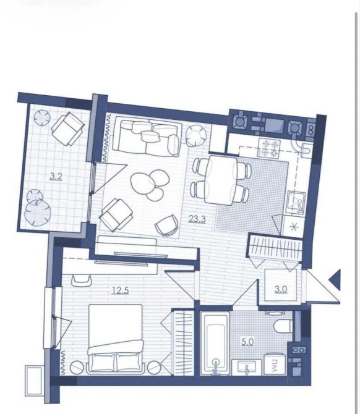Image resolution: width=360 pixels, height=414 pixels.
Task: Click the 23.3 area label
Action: (197, 219)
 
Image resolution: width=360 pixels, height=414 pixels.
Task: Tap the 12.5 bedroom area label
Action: (120, 290)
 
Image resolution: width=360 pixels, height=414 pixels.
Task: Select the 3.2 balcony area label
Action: (56, 176)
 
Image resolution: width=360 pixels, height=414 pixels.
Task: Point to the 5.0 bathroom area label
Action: (247, 342)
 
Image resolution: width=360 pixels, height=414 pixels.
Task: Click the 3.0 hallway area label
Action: (281, 289)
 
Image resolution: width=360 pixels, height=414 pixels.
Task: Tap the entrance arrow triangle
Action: (336, 279)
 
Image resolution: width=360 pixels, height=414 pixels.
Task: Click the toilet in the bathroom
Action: (283, 326)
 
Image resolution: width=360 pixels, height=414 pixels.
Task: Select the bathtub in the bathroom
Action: (215, 343)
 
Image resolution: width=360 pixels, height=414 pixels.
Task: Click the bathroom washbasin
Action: (247, 367)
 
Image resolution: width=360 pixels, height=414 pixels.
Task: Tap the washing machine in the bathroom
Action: (275, 364)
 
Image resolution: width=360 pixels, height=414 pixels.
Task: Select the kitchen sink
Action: (296, 202)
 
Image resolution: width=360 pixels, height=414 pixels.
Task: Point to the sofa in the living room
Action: (147, 138)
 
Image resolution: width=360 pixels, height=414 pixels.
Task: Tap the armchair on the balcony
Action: (68, 129)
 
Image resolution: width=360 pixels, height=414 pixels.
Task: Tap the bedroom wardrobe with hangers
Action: (183, 342)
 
